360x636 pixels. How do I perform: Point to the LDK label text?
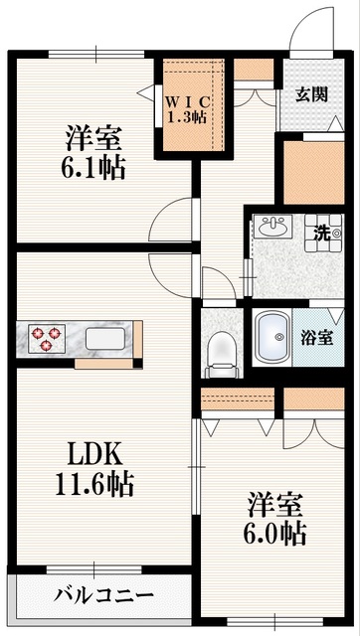click(x=94, y=454)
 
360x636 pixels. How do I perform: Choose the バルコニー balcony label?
click(x=104, y=596)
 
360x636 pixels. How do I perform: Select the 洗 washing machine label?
click(x=322, y=234)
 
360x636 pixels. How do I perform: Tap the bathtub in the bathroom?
click(x=270, y=338)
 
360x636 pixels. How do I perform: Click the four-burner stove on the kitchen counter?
click(x=43, y=339)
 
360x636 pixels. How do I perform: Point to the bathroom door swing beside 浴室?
click(x=335, y=320)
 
